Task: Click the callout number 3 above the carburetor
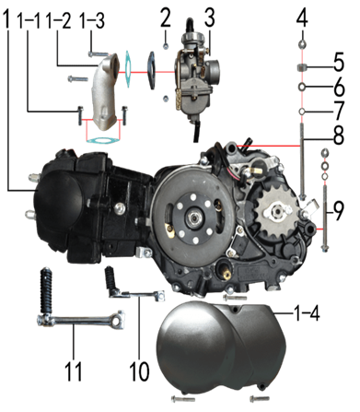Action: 210,18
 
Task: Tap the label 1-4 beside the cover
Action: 307,313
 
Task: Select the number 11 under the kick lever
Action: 74,371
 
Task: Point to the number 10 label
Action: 139,371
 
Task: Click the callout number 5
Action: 339,62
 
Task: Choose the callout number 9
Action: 338,211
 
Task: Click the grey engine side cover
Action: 221,347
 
